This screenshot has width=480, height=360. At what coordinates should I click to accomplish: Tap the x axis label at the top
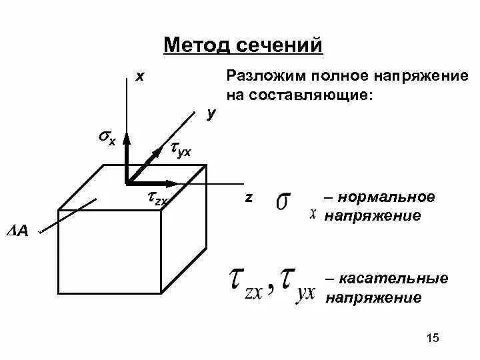tap(139, 77)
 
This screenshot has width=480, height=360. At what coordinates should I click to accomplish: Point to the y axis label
tap(211, 115)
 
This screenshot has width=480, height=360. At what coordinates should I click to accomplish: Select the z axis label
tap(248, 198)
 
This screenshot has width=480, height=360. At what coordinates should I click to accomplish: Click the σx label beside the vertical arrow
tap(107, 138)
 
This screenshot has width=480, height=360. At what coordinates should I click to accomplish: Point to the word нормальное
tap(386, 198)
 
